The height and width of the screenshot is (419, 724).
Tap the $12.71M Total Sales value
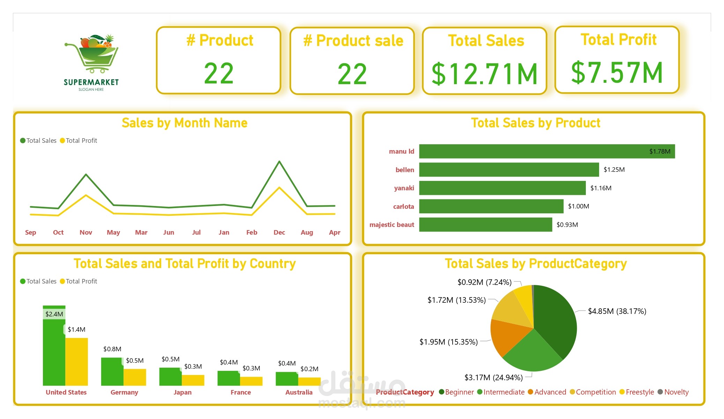tap(484, 74)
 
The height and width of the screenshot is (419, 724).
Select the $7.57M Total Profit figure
tap(617, 73)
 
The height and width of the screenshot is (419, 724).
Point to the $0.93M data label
tap(567, 225)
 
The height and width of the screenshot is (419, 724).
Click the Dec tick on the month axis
tap(279, 233)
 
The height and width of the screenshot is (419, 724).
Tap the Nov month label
tap(86, 233)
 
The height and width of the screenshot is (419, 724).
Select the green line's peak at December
tap(279, 161)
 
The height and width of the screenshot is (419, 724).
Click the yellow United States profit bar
tap(77, 361)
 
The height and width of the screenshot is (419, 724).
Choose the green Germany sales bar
tap(112, 372)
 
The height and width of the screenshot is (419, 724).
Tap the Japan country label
tap(182, 392)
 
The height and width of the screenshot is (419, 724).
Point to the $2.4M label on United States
tap(54, 314)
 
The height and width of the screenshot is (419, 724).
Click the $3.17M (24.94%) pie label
tap(493, 377)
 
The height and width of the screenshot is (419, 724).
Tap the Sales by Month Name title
tap(184, 123)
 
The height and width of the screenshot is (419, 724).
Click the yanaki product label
tap(404, 188)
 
